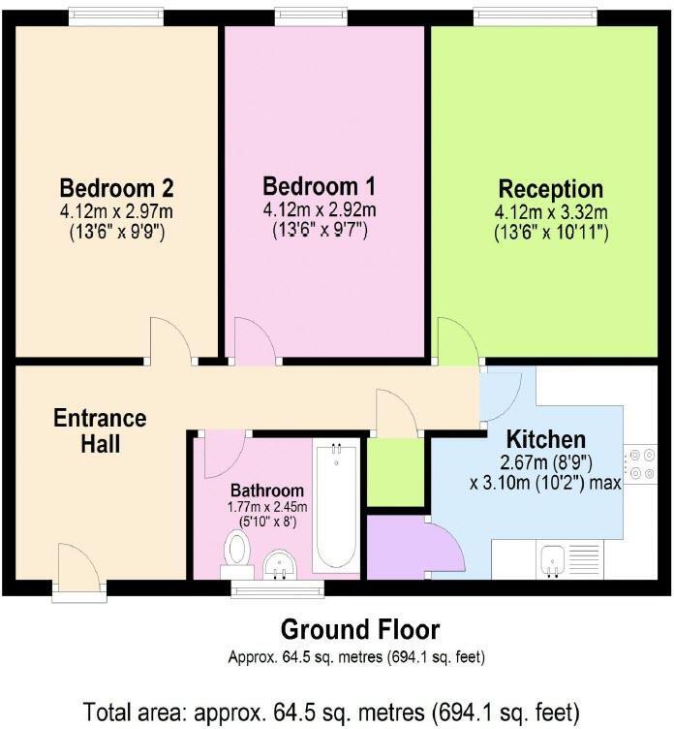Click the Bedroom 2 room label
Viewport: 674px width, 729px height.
116,187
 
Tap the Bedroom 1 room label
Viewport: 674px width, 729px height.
320,186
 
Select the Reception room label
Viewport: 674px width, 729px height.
550,189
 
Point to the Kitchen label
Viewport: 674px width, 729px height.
546,438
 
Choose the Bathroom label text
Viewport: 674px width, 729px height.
266,491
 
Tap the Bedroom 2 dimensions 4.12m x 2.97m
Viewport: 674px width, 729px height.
116,211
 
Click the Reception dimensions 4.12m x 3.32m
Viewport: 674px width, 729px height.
550,213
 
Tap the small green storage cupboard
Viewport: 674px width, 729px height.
396,472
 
